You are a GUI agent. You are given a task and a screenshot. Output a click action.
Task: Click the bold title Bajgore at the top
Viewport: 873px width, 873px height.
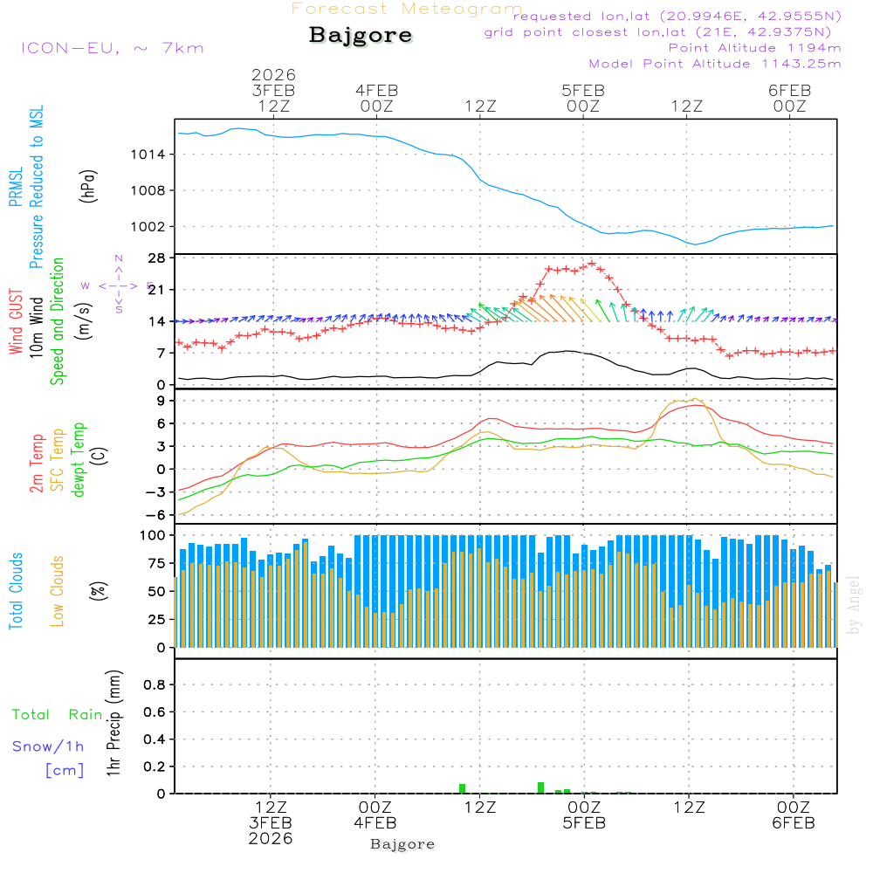361,36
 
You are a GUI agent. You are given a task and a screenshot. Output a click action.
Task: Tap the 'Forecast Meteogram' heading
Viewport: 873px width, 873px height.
407,9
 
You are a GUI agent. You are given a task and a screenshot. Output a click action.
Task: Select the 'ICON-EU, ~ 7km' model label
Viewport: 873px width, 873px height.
112,47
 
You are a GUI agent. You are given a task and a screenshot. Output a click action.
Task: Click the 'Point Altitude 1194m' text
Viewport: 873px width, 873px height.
754,47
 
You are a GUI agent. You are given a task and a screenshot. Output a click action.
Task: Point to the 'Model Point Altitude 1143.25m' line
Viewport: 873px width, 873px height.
715,63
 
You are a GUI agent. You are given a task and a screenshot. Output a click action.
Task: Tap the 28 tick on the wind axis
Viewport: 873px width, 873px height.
156,258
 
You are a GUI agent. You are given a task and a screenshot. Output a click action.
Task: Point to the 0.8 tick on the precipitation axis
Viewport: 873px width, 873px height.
154,685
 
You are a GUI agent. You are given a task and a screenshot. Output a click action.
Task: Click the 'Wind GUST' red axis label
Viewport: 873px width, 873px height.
16,322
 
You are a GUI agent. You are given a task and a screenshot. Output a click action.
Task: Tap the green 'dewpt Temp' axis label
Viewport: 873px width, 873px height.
79,459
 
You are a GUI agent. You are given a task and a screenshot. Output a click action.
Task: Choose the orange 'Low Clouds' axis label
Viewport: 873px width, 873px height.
58,590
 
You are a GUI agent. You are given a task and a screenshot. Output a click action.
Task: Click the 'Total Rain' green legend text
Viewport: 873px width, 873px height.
57,715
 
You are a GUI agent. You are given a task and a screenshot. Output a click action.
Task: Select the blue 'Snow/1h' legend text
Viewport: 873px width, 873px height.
49,746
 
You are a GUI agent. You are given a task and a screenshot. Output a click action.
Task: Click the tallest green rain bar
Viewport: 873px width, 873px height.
541,787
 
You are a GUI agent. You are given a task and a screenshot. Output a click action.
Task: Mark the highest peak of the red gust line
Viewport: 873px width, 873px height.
592,263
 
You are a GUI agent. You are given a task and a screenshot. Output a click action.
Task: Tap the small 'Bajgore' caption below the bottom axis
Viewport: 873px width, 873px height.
402,844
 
